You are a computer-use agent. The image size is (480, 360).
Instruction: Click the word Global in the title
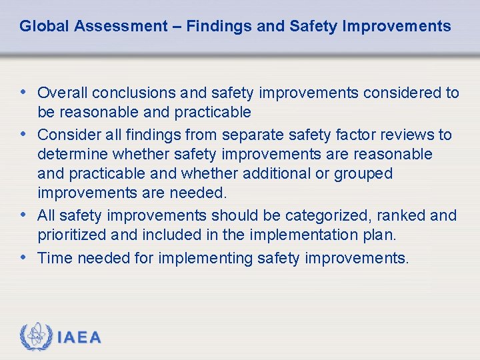pyautogui.click(x=45, y=27)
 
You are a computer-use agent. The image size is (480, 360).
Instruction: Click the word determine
pyautogui.click(x=73, y=155)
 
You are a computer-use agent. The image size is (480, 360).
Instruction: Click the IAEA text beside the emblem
pyautogui.click(x=80, y=337)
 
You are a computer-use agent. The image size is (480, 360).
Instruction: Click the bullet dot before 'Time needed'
pyautogui.click(x=23, y=257)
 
